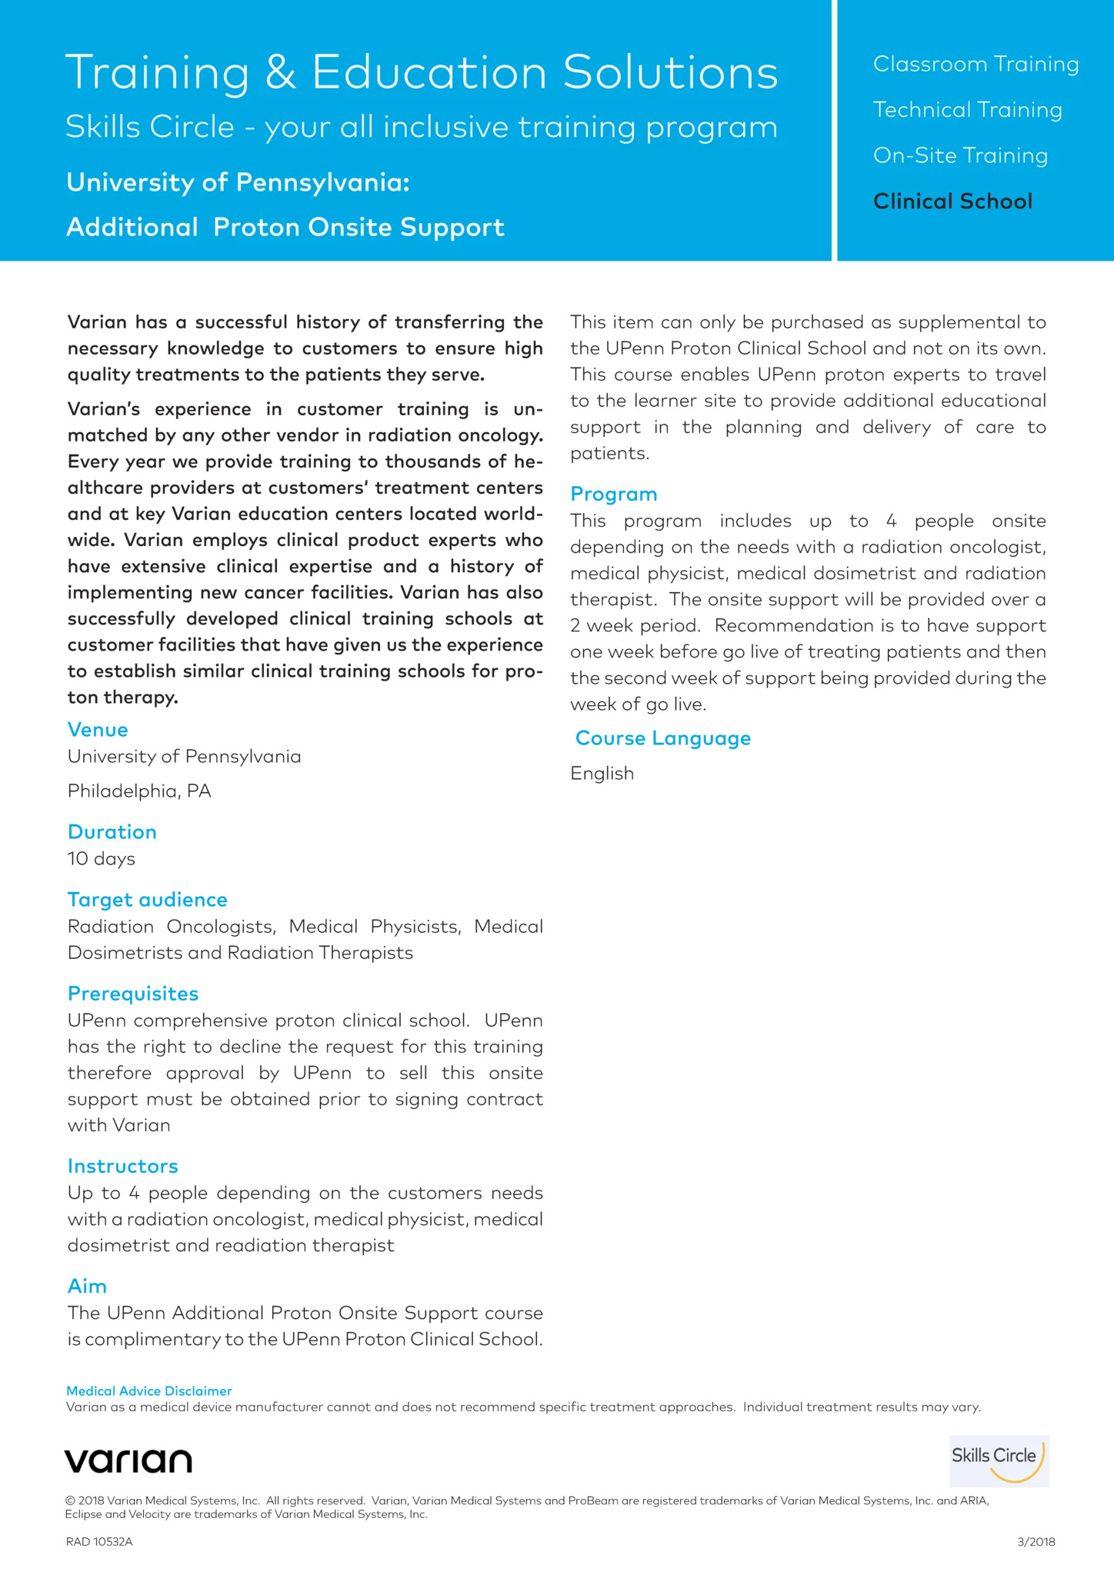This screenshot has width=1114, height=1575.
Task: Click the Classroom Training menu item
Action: click(976, 64)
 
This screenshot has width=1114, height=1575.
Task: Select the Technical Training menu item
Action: click(967, 110)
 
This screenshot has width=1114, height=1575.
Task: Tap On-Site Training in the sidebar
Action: click(960, 155)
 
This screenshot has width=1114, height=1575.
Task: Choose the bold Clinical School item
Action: click(952, 201)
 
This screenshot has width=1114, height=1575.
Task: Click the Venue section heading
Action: click(98, 729)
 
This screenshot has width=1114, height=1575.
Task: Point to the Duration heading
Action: click(112, 831)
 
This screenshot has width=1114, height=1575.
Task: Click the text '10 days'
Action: click(102, 858)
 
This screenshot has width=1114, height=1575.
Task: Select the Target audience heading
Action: click(148, 900)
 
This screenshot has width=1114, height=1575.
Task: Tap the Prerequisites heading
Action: click(133, 994)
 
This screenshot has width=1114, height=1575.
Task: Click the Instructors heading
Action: click(123, 1166)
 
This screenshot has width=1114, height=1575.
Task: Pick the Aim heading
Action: click(87, 1286)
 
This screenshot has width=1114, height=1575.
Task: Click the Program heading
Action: click(614, 494)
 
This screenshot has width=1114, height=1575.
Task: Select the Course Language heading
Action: click(663, 738)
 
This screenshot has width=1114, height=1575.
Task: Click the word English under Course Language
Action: click(602, 773)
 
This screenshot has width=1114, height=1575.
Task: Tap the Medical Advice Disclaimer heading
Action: click(149, 1390)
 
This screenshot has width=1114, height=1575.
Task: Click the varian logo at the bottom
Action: click(128, 1460)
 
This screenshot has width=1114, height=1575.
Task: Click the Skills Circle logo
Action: click(999, 1460)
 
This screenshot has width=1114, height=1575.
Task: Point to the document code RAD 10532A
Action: click(99, 1541)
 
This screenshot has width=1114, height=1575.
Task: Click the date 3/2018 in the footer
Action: click(1036, 1541)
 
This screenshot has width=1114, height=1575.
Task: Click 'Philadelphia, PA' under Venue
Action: click(139, 791)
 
